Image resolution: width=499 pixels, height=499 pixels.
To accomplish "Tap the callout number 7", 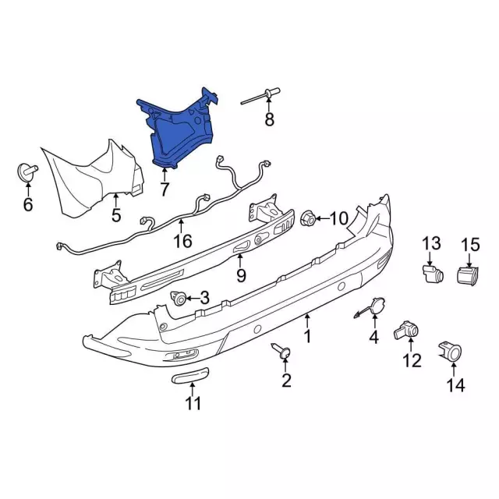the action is (165, 189).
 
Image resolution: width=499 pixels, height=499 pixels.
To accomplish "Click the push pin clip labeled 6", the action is (27, 172).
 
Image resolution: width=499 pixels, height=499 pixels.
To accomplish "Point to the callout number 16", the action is (183, 241).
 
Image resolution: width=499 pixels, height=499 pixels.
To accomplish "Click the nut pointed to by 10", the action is (308, 218).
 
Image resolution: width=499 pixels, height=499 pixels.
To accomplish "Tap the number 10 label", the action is (338, 218).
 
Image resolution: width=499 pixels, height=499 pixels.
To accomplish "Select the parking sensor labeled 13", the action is (433, 274).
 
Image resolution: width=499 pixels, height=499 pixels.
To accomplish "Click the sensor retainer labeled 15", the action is (468, 275).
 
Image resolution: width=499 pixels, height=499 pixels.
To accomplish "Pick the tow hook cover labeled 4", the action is (371, 307).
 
